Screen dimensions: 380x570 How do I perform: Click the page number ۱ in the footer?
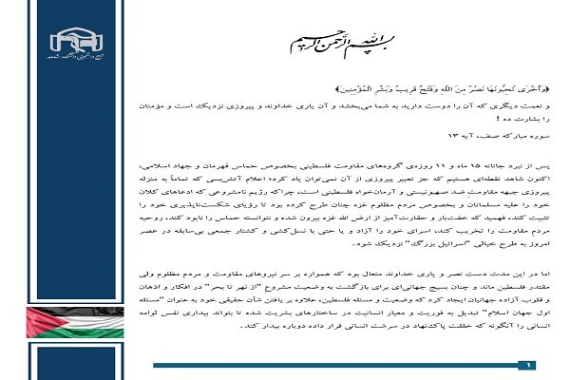(530, 364)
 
